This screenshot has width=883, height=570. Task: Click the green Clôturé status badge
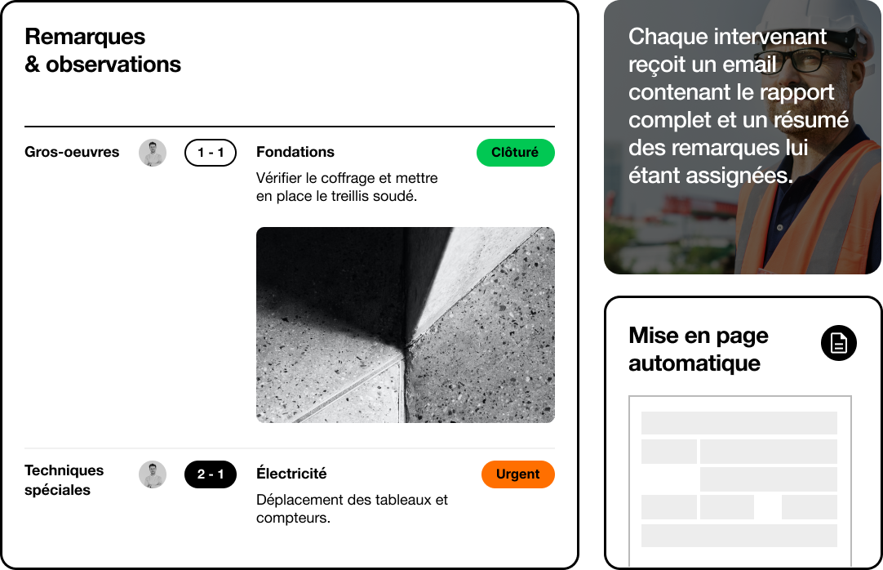click(x=515, y=153)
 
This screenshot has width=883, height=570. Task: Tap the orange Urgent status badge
click(x=517, y=474)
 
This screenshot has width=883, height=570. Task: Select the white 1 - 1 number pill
click(x=210, y=153)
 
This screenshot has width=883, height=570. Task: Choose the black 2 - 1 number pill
click(x=210, y=474)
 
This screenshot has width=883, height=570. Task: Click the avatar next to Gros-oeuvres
click(x=153, y=153)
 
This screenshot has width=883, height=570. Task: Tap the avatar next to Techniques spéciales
click(x=153, y=474)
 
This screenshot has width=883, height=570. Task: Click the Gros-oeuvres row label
click(x=72, y=152)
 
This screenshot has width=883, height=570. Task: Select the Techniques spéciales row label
click(x=64, y=480)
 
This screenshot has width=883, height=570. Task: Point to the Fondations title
click(x=295, y=152)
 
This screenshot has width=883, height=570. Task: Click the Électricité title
click(x=291, y=474)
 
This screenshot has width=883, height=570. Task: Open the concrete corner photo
click(x=405, y=325)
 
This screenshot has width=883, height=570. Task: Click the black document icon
click(x=838, y=343)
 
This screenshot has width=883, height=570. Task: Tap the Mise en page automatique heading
click(x=699, y=350)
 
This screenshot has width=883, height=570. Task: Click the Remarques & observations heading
click(x=103, y=51)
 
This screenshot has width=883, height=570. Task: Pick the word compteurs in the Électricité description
click(x=292, y=518)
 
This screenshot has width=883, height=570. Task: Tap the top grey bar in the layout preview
click(x=739, y=423)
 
